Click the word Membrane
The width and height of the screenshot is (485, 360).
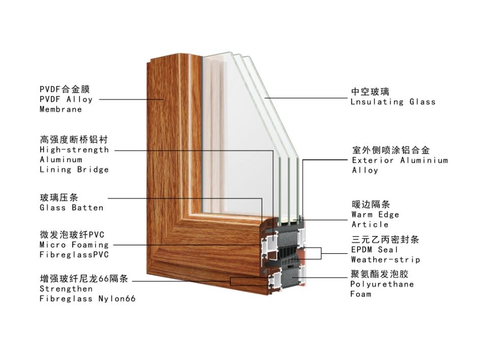tap(60, 109)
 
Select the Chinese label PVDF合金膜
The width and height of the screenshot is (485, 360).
tap(65, 89)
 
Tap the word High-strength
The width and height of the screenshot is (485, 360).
tap(74, 149)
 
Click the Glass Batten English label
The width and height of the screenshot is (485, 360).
tap(72, 207)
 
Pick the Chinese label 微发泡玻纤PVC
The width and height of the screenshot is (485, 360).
tap(72, 235)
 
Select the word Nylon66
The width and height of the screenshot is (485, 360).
tap(117, 298)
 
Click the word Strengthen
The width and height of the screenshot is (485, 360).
tap(66, 289)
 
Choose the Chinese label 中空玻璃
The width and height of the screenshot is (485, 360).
tap(370, 92)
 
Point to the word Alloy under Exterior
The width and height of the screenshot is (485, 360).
tap(365, 170)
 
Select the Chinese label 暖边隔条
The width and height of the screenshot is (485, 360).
tap(371, 204)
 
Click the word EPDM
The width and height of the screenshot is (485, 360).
tap(361, 250)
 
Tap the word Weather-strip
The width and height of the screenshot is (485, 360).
tap(385, 259)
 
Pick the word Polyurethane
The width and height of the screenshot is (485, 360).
tap(382, 284)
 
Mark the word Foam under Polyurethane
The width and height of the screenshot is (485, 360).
tap(361, 294)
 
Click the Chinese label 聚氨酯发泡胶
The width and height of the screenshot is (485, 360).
tap(380, 274)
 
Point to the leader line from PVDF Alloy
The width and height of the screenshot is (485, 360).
tap(131, 99)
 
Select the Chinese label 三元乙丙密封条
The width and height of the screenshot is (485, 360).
tap(385, 239)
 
